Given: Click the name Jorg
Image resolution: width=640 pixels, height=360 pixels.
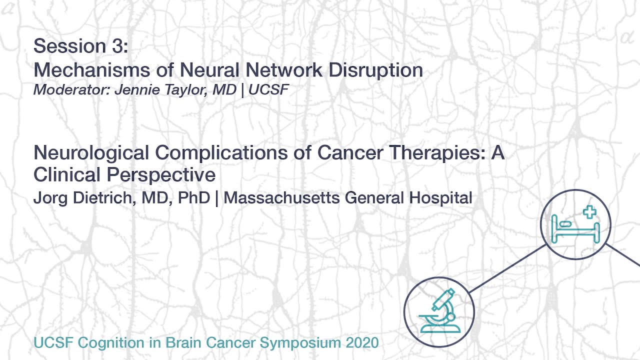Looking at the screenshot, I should click(x=50, y=198).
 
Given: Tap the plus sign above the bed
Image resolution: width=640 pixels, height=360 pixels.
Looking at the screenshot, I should click(x=590, y=211).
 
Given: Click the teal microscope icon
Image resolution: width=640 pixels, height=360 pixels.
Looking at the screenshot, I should click(x=438, y=311).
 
